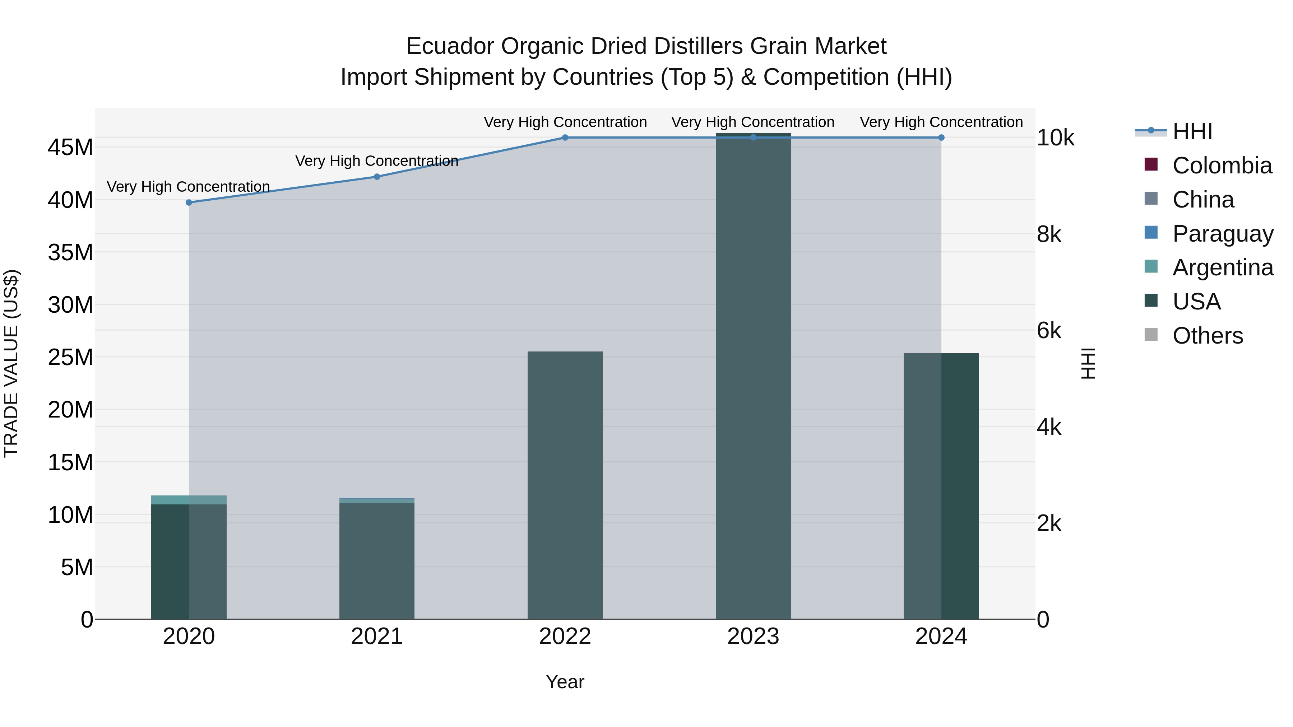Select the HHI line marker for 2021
[377, 177]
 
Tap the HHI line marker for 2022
[565, 138]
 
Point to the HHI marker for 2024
[941, 138]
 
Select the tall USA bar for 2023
[753, 376]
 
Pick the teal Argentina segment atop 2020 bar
[189, 500]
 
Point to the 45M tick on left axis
[70, 148]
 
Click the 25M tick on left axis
[70, 357]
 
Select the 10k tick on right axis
[1056, 138]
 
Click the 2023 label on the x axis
[753, 637]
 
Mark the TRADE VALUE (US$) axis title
[11, 363]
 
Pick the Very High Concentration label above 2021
[377, 161]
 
